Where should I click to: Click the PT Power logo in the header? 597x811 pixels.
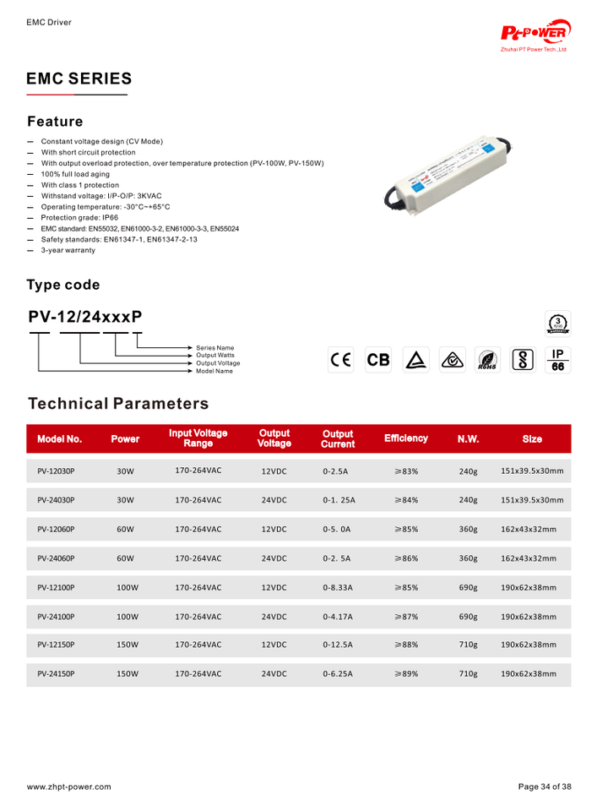click(535, 35)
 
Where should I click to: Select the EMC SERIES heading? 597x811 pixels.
click(79, 79)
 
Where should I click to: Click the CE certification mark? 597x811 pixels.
click(341, 360)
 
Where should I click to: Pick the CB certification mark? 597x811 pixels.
click(378, 360)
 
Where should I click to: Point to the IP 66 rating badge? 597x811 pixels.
click(557, 360)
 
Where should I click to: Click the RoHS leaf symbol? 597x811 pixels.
click(487, 360)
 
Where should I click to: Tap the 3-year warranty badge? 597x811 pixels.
click(558, 324)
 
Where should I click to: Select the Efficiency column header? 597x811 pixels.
click(405, 438)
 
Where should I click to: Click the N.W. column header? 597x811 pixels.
click(468, 439)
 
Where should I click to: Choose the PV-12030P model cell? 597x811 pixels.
click(56, 471)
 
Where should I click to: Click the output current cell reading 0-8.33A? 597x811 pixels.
click(338, 587)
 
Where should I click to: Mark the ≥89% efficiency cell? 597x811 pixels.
click(405, 674)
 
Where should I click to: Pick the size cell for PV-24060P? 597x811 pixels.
click(529, 558)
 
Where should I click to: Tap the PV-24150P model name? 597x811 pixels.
click(56, 674)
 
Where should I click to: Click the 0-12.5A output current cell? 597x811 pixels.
click(338, 645)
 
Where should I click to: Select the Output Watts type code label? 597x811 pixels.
click(216, 356)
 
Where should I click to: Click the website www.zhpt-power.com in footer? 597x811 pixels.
click(69, 787)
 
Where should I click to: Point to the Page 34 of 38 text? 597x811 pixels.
click(545, 787)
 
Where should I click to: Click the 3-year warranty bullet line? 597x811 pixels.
click(68, 250)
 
